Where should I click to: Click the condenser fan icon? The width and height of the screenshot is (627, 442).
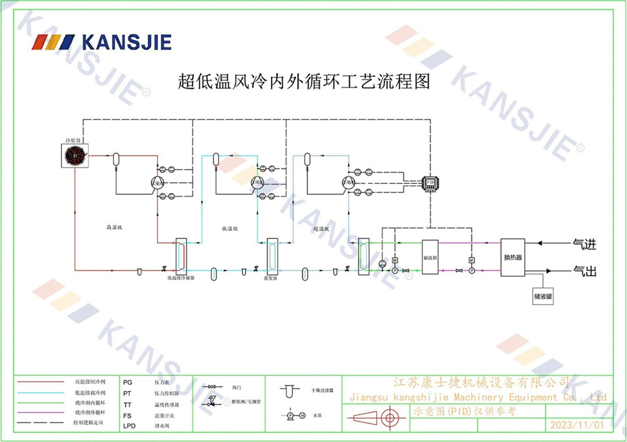pos(74,155)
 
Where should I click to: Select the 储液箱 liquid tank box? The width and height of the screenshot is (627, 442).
pos(429,257)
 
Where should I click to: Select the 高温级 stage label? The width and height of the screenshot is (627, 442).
pos(113,229)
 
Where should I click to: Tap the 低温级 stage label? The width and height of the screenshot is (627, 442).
pos(230,229)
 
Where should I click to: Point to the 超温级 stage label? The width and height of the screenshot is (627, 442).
pos(322,229)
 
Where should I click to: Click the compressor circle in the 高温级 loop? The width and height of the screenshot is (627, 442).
pos(157,182)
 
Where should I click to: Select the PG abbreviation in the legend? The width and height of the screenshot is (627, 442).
pos(128,382)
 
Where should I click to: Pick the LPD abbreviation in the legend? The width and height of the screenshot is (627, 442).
pos(129,426)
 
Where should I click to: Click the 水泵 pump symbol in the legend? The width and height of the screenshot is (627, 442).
pos(292,415)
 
